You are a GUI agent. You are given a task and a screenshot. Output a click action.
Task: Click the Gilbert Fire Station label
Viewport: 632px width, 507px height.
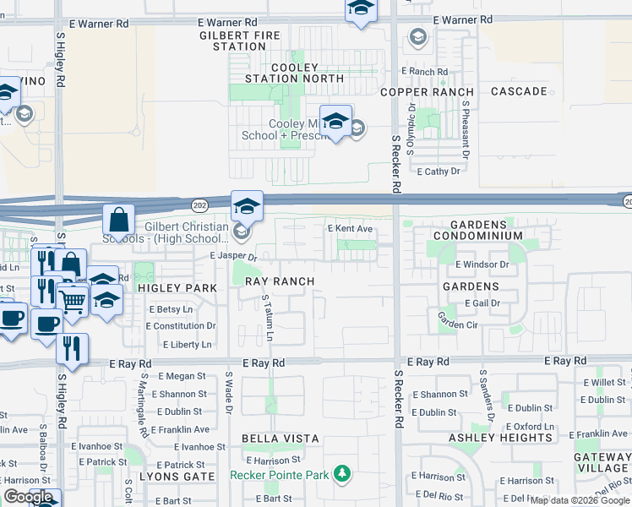point(240,41)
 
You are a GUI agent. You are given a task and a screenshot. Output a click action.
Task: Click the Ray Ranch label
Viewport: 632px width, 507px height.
point(280,281)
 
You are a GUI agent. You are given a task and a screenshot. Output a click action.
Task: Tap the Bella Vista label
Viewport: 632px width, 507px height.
point(281,439)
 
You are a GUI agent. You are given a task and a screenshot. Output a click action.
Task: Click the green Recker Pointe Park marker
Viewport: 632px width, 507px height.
point(342,474)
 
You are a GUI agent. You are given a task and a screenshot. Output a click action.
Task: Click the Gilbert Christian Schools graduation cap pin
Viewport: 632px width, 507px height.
point(247,205)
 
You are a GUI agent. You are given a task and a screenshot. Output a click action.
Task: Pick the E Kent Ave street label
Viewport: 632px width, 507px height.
point(350,229)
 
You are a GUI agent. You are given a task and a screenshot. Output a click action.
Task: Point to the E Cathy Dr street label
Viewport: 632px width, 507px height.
point(439,171)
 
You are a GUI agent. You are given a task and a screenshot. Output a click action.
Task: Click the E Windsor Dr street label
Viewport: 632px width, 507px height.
point(482,264)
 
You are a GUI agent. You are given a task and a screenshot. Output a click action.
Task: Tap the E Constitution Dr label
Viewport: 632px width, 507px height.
point(183,326)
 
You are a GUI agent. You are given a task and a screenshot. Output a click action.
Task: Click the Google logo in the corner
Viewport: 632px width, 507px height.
point(28,497)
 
